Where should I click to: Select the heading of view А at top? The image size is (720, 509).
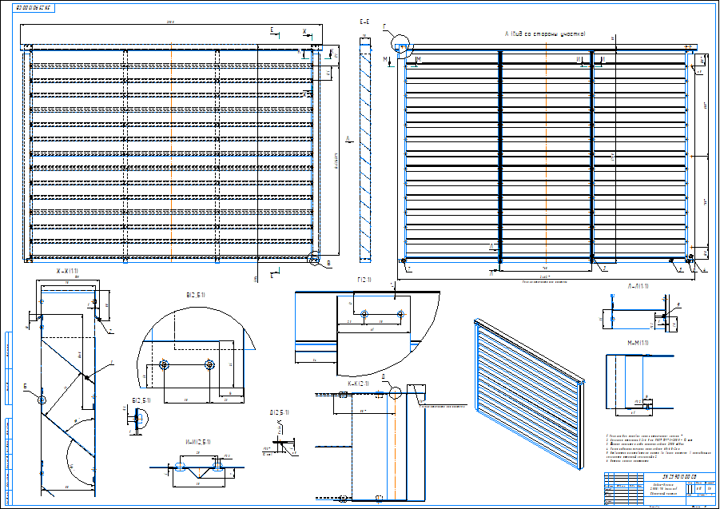pos(546,34)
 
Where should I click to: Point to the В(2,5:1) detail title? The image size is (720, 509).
pos(196,295)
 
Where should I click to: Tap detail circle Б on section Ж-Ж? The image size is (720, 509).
pos(42,400)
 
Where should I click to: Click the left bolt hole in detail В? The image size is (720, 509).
pos(165,366)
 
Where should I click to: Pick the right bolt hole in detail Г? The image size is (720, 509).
pos(399,314)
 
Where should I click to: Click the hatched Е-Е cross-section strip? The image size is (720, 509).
pos(365,152)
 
